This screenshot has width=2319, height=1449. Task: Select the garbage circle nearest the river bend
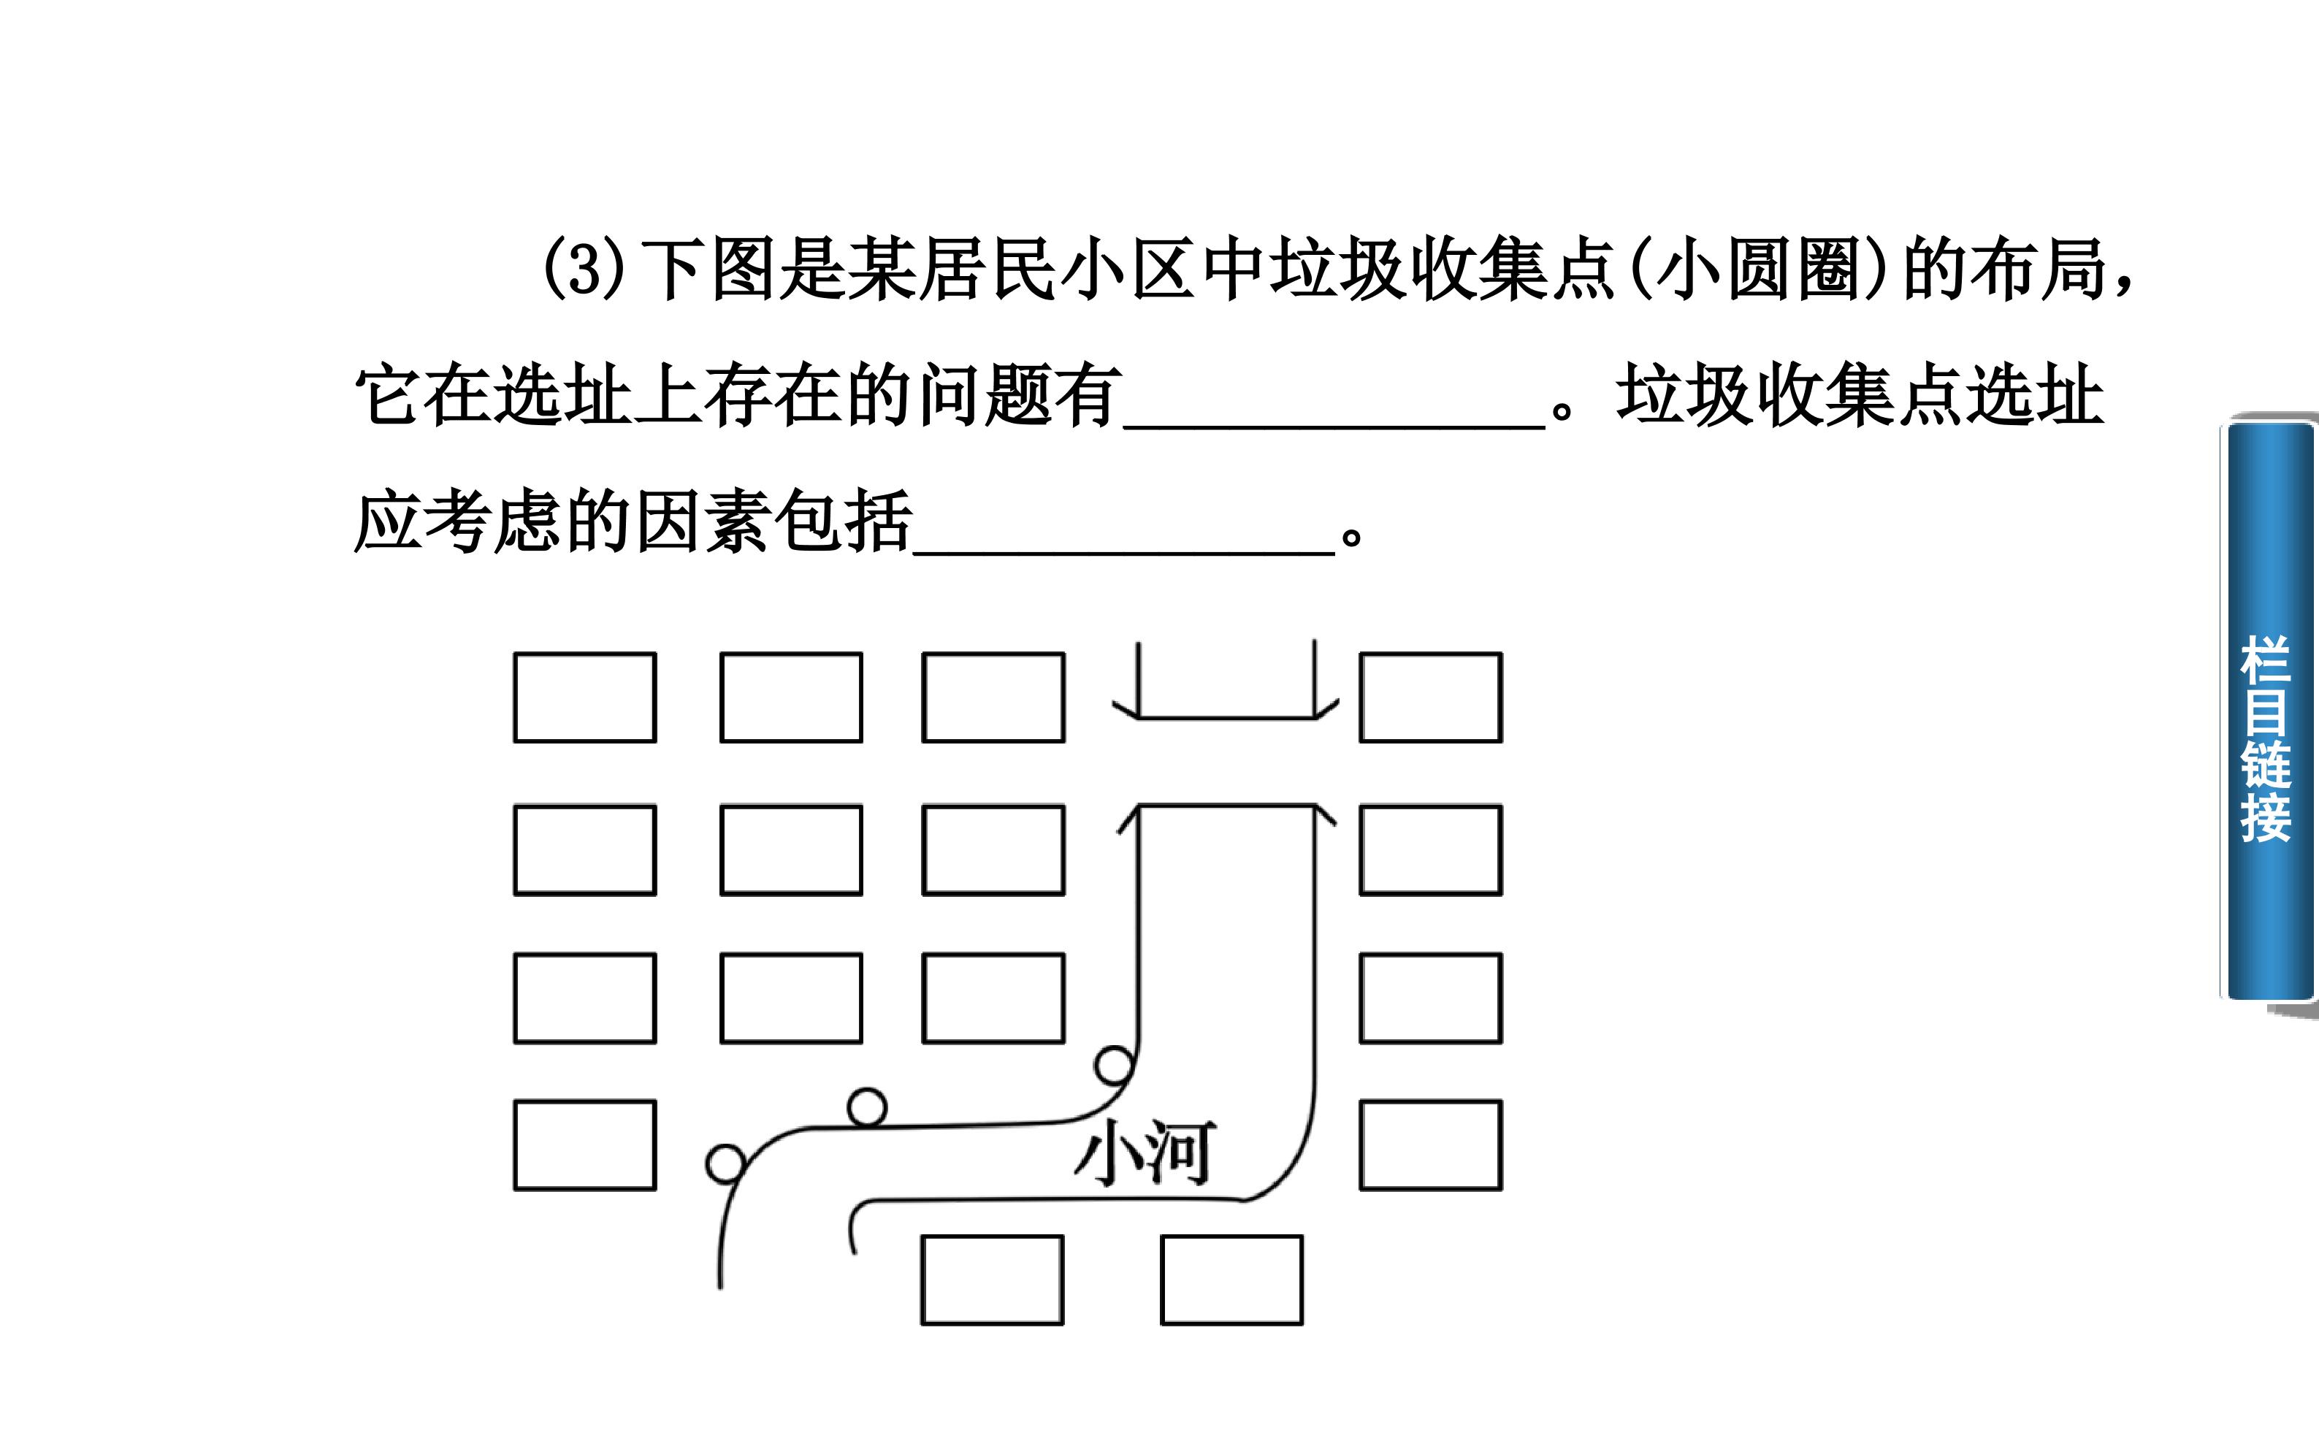coord(1115,1065)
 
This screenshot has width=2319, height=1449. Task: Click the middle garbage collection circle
coord(867,1107)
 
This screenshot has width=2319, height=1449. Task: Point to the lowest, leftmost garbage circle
coord(725,1164)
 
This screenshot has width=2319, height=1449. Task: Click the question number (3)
coord(584,269)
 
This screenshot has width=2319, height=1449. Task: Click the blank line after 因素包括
coord(1124,552)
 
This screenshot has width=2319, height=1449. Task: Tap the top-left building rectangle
coord(584,697)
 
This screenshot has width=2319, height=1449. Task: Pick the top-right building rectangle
coord(1431,697)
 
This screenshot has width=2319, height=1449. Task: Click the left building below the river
coord(993,1280)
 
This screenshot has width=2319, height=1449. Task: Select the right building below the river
coord(1231,1280)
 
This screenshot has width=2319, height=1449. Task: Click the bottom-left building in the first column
coord(584,1145)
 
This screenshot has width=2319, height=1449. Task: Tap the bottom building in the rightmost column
coord(1431,1145)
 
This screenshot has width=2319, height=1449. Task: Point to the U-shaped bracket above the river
coord(1226,717)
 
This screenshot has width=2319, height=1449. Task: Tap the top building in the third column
coord(994,697)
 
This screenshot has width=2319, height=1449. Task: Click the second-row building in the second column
coord(792,851)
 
